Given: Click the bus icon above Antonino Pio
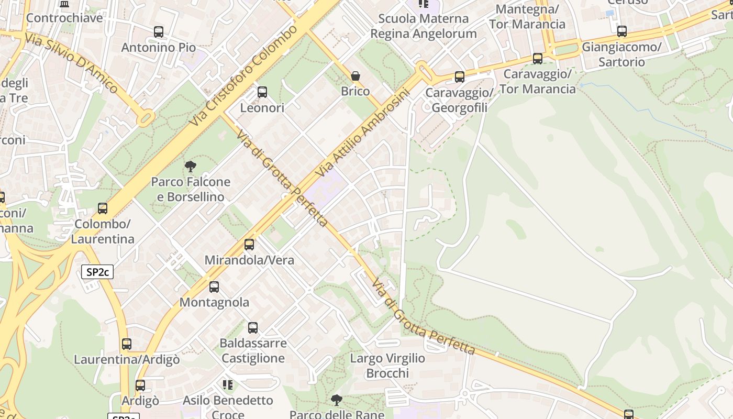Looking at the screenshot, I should point(159,32).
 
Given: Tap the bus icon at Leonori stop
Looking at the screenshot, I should point(262,92).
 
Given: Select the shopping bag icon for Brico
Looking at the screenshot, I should point(356,76).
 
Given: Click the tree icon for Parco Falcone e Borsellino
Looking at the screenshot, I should point(191,167).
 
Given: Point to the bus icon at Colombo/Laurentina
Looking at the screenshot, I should point(103,208).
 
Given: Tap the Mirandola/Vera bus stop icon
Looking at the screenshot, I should point(249,245).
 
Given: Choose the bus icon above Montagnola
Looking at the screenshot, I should point(214,287).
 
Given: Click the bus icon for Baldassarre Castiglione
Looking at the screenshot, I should point(253,328).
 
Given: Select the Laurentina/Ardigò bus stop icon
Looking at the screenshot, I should point(127,344).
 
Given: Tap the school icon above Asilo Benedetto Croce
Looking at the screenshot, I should point(228,385).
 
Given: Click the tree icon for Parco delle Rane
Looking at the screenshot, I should point(337,400).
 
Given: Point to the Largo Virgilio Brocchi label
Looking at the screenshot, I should point(387,366).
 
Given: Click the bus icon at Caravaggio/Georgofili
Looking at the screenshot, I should point(460,77).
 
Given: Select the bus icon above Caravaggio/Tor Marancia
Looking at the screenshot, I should point(538,59).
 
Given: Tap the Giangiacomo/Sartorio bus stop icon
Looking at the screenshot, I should point(622,31).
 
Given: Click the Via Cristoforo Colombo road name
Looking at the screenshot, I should point(244,75).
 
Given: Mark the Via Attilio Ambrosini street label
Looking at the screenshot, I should point(362,133).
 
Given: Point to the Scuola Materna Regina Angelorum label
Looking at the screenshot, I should point(424,26).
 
